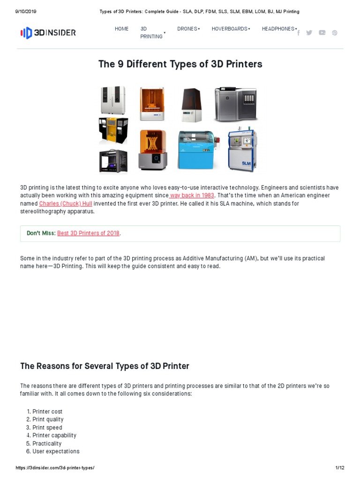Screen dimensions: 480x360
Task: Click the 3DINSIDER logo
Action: coord(48,33)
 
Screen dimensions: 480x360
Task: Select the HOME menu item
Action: coord(121,29)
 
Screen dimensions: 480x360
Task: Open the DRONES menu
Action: coord(188,29)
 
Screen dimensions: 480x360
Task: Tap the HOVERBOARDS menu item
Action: coord(230,29)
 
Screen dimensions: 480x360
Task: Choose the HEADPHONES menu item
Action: coord(279,29)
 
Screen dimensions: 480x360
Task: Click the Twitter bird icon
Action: coord(309,33)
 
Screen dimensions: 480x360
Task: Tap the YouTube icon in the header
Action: coord(322,33)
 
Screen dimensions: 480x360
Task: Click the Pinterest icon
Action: coord(335,33)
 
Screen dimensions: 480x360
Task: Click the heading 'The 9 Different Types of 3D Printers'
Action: coord(180,64)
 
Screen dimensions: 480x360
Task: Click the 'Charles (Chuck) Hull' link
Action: coord(66,203)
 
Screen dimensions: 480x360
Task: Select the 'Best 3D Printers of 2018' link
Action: coord(88,233)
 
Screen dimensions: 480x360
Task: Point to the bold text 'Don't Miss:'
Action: coord(41,233)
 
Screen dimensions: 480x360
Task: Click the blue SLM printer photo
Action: coord(242,150)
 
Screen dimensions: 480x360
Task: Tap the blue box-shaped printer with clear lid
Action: coord(196,150)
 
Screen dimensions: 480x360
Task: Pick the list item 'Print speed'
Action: coord(47,427)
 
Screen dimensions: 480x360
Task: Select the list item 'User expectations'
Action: coord(56,451)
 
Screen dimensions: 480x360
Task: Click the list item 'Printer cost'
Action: coord(47,412)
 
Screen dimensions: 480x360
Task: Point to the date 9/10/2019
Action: coord(26,11)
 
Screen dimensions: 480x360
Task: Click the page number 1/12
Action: coord(339,468)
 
